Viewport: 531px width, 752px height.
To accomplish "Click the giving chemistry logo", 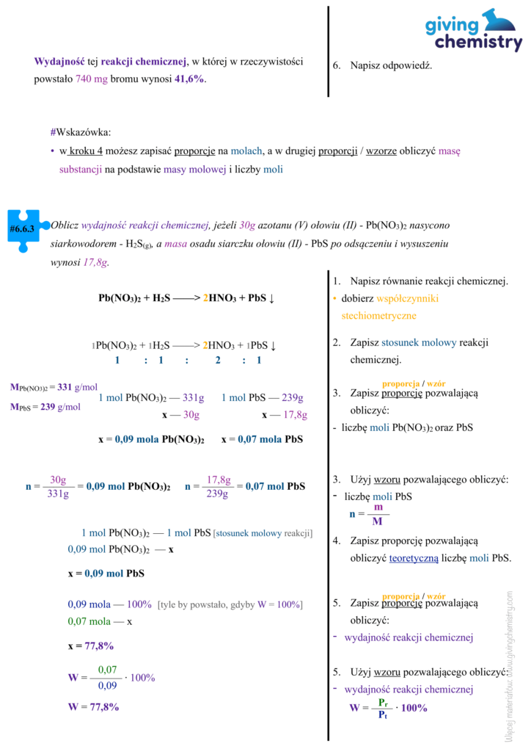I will [x=474, y=31].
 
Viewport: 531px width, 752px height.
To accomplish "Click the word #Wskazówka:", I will [x=81, y=132].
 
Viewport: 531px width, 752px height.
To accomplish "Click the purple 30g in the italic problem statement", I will [x=247, y=225].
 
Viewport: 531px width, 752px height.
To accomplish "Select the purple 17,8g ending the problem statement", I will [x=96, y=261].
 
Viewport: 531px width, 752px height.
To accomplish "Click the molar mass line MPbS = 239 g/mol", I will [x=45, y=407].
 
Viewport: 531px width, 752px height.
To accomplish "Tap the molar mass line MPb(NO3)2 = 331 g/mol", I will [x=54, y=387].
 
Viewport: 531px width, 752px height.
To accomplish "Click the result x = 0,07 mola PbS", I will [x=262, y=439].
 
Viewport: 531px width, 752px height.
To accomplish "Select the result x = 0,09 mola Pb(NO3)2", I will [x=151, y=439].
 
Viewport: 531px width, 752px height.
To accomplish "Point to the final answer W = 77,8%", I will [x=93, y=706].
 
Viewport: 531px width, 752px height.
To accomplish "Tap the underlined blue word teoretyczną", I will [x=414, y=558].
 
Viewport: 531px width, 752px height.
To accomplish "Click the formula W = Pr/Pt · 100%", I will [x=388, y=708].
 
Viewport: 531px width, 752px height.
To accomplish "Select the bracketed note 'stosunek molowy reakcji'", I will [x=263, y=533].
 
